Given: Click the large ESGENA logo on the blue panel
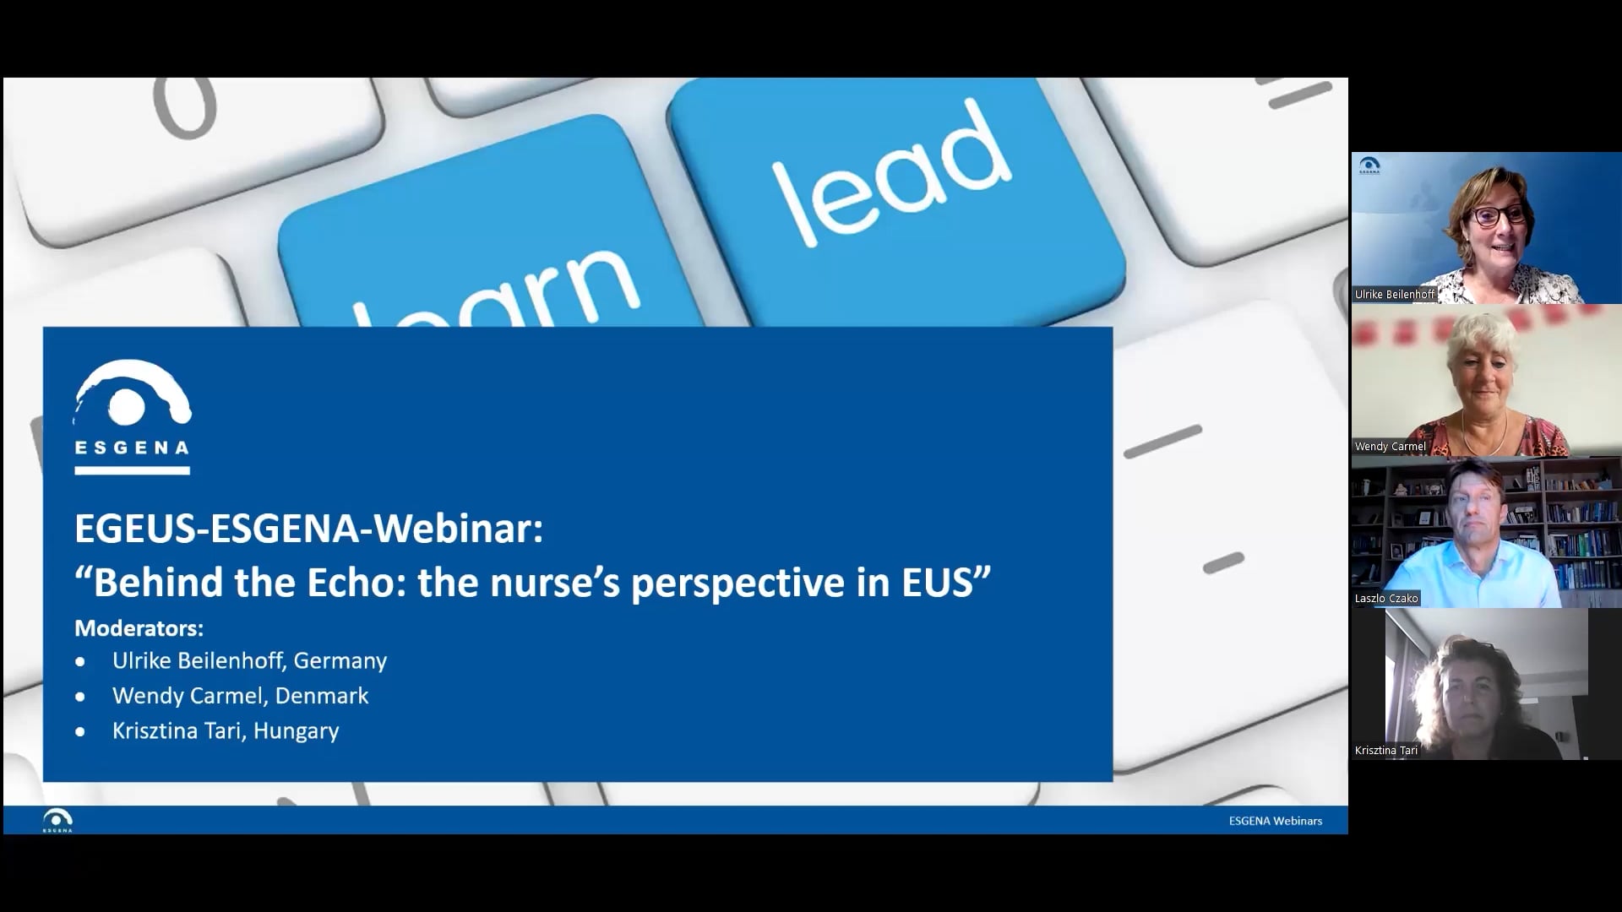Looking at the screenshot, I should [x=132, y=416].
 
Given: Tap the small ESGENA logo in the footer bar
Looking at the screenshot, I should [x=57, y=820].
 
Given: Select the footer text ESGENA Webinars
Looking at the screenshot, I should [x=1275, y=821].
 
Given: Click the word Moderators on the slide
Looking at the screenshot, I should [x=139, y=628].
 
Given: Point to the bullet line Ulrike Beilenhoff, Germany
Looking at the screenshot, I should [x=249, y=660].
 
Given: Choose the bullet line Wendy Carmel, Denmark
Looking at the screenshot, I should [x=240, y=696].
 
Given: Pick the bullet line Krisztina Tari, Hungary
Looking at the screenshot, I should [x=226, y=730].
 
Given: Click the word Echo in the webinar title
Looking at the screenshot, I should [x=347, y=583].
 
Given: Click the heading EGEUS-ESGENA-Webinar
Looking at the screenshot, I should [x=308, y=529].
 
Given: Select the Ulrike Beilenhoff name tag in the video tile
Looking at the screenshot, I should [x=1395, y=295].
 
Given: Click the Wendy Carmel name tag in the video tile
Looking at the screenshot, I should [x=1390, y=447].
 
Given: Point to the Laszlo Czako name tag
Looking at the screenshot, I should [x=1386, y=599].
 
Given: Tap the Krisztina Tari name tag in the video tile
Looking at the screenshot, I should [x=1386, y=751].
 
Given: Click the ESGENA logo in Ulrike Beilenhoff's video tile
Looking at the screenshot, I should [x=1369, y=166].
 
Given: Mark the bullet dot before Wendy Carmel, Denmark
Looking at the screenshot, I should [x=80, y=697].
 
